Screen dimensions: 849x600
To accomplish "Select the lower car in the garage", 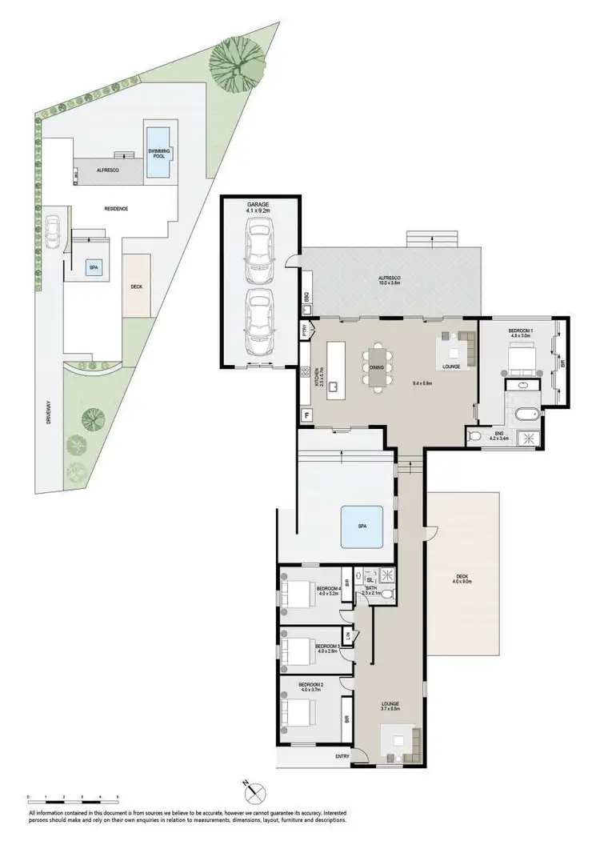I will [259, 322].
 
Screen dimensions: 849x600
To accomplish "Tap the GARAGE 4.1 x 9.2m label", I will [260, 208].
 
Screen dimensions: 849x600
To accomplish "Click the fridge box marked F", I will [306, 414].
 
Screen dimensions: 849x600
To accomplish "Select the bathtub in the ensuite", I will [526, 414].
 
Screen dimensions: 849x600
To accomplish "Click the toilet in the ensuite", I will [477, 436].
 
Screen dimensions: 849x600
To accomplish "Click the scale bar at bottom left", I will [73, 797].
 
